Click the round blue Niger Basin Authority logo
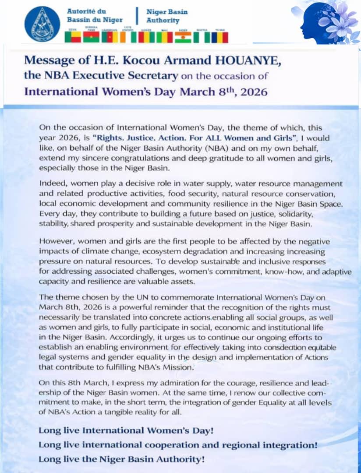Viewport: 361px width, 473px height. click(x=42, y=24)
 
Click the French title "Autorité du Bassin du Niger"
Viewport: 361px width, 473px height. click(x=94, y=15)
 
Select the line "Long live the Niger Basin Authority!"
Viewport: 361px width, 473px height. click(x=121, y=459)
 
